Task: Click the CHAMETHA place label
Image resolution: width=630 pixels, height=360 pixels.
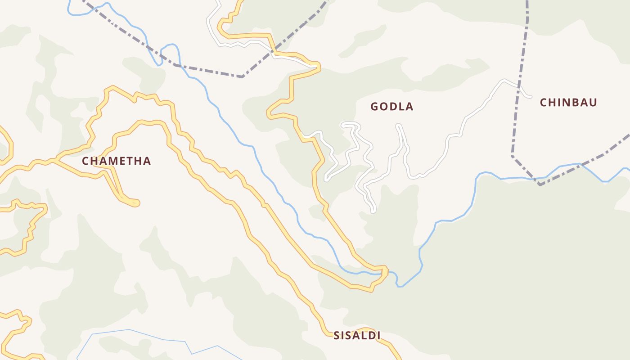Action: coord(116,161)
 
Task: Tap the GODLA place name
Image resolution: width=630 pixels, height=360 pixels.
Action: coord(391,107)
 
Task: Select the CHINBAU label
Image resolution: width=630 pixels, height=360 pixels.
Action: coord(568,103)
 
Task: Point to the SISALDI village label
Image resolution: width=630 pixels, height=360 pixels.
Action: coord(357,335)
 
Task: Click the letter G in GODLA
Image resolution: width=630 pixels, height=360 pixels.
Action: coord(374,107)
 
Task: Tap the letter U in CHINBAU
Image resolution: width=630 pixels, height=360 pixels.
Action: coord(593,103)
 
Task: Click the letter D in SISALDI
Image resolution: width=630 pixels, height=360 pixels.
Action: coord(370,335)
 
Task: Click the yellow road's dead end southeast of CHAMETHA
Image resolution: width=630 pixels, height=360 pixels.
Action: coord(136,203)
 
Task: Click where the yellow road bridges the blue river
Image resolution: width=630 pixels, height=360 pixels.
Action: coord(385,272)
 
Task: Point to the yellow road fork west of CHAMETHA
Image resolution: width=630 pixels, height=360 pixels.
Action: coord(55,160)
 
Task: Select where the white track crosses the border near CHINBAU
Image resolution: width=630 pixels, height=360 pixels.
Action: coord(519,85)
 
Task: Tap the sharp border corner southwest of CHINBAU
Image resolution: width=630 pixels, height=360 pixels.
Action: coord(512,156)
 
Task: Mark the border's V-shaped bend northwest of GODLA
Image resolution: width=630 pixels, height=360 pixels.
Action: coord(243,76)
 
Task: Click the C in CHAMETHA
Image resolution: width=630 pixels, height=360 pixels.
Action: coord(85,161)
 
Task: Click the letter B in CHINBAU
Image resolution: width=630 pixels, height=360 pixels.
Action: coord(575,103)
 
